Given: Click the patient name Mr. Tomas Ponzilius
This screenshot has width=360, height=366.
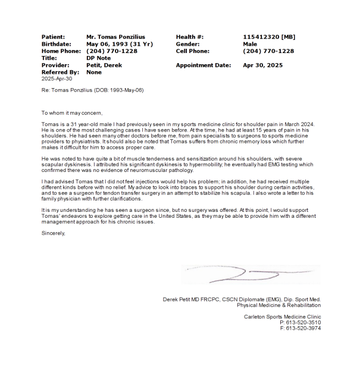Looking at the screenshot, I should (x=115, y=37).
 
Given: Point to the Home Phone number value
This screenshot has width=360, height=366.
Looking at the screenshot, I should (x=111, y=51).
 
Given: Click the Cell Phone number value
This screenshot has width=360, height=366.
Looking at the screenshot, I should (x=268, y=51).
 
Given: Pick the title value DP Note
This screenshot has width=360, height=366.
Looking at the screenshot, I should (x=98, y=58).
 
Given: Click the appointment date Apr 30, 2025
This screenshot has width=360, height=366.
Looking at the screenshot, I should (x=263, y=65).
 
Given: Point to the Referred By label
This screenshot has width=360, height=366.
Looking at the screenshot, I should (x=60, y=72).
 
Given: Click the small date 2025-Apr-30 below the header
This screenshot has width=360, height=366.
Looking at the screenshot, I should (x=56, y=79).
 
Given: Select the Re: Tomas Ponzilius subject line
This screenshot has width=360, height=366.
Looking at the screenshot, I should (x=92, y=90).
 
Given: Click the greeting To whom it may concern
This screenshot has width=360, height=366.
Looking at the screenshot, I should (x=72, y=112).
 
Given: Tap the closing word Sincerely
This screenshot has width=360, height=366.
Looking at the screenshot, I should (x=53, y=233).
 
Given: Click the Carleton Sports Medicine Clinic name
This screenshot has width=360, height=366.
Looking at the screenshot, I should (x=282, y=316).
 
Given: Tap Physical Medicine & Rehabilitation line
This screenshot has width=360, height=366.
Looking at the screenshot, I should (x=278, y=304).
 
